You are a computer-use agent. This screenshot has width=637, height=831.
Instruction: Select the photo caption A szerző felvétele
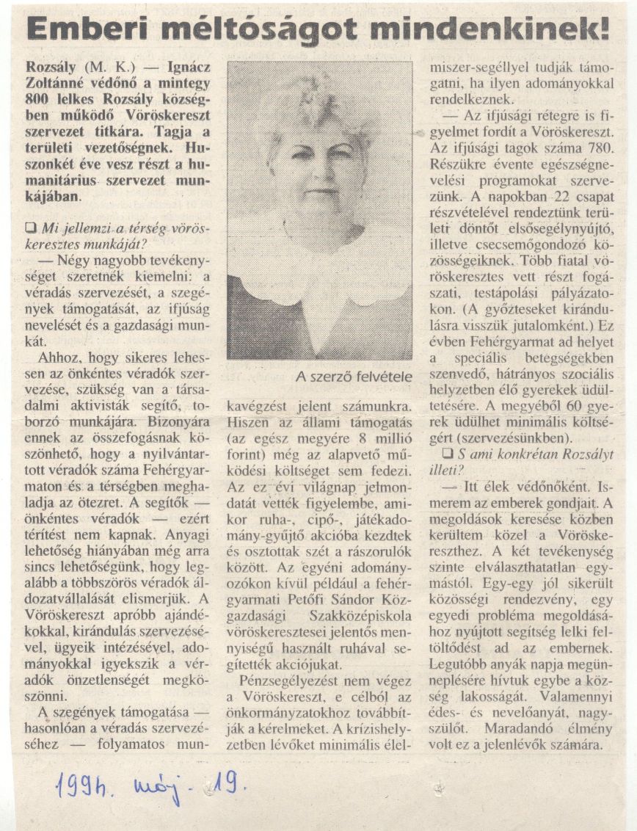(354, 377)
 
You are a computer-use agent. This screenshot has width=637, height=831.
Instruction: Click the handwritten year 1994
(84, 788)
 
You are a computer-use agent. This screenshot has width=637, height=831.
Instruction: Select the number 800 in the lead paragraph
(37, 101)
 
